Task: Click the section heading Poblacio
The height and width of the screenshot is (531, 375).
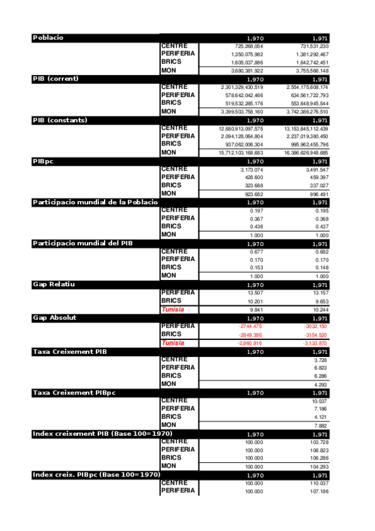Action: pyautogui.click(x=48, y=38)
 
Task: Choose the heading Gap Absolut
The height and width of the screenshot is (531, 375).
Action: pyautogui.click(x=54, y=317)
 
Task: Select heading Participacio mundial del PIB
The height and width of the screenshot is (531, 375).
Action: pyautogui.click(x=86, y=243)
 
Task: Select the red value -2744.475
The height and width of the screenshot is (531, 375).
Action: pyautogui.click(x=250, y=326)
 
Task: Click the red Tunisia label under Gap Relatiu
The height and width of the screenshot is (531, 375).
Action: pyautogui.click(x=173, y=310)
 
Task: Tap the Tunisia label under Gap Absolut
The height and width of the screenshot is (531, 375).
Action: pyautogui.click(x=173, y=343)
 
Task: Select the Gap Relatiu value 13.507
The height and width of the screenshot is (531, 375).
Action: pyautogui.click(x=255, y=292)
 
